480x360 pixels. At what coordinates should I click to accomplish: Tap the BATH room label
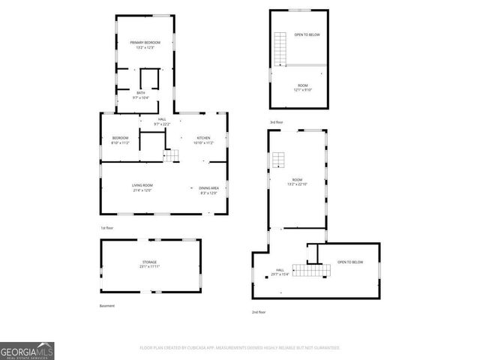pos(141,93)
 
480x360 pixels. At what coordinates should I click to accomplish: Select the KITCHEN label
pos(203,138)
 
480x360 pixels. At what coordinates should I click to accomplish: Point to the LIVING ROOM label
pos(142,186)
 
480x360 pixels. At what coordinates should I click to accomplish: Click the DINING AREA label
pos(208,187)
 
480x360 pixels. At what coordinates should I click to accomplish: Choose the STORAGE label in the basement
pos(150,262)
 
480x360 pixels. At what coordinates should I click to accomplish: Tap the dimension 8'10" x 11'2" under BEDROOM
pos(120,142)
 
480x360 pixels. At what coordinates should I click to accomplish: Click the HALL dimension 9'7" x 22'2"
pos(162,124)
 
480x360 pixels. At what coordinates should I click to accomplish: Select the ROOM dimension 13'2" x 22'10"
pos(298,184)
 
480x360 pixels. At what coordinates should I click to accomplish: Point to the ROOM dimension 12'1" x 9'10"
pos(302,90)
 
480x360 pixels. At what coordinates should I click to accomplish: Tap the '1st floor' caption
pos(107,227)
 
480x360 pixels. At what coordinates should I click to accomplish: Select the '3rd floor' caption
pos(277,121)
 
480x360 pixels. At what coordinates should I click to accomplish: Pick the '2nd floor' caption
pos(259,311)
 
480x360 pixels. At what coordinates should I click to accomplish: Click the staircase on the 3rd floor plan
pos(280,49)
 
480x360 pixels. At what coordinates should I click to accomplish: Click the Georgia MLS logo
pos(27,350)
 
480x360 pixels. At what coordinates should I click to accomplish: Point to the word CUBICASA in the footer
pos(217,348)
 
